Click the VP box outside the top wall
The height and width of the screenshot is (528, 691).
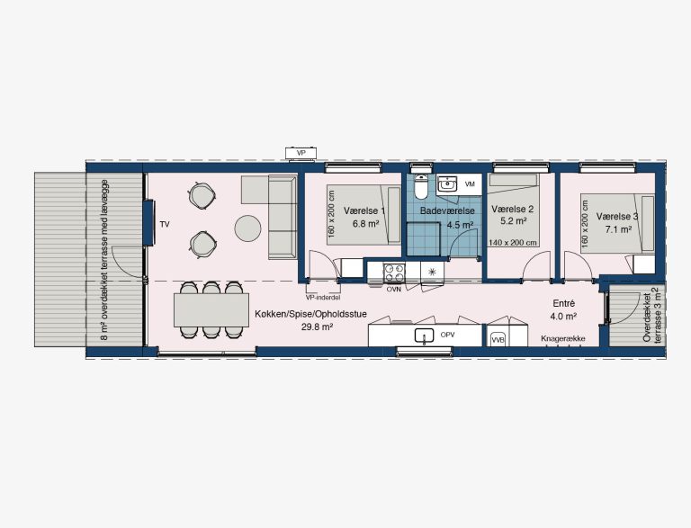point(301,153)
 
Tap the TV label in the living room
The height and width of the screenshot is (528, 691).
point(165,225)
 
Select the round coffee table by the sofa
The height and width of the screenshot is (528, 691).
point(247,228)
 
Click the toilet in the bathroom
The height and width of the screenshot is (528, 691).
point(421,186)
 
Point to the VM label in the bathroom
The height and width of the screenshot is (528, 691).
point(470,184)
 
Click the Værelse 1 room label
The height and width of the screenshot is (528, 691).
point(364,210)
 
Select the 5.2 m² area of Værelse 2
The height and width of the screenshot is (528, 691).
point(514,221)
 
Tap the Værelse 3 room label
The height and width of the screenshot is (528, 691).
point(617,217)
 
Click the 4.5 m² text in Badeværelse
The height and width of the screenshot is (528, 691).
point(461,225)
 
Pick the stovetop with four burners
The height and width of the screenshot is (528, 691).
point(394,273)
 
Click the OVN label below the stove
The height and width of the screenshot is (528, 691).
point(393,290)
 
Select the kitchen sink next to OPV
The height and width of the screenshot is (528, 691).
point(425,336)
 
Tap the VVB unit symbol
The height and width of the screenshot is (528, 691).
point(497,339)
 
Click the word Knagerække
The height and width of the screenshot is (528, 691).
point(563,338)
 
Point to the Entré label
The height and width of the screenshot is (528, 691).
point(563,303)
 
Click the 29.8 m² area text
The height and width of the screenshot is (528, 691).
point(317,327)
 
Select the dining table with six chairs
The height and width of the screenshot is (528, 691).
point(211,309)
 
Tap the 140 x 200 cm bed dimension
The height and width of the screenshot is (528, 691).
point(513,242)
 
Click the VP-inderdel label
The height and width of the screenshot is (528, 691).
point(323,298)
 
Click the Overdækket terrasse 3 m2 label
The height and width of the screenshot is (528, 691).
point(652,315)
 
